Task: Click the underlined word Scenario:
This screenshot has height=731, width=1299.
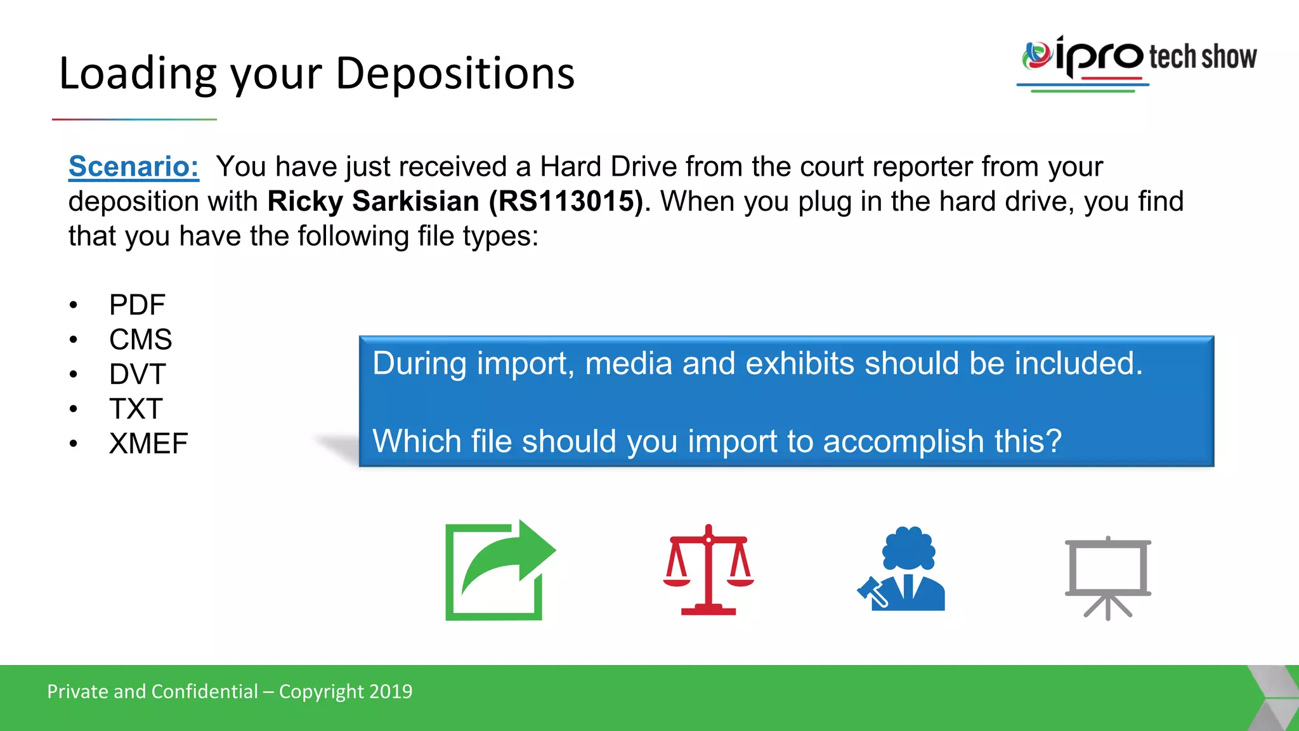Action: click(x=133, y=167)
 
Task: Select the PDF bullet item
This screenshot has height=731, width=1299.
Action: click(x=137, y=305)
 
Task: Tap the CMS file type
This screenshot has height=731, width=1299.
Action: click(x=140, y=339)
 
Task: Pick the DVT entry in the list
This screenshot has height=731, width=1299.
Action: click(x=137, y=374)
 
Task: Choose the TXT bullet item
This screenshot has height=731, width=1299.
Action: click(x=136, y=409)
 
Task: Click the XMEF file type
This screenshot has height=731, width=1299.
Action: click(x=148, y=444)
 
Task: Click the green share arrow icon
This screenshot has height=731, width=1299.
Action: click(x=499, y=570)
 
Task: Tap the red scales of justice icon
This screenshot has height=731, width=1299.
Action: click(x=708, y=570)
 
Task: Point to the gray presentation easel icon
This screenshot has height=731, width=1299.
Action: click(x=1107, y=577)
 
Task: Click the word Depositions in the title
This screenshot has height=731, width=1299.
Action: click(x=454, y=74)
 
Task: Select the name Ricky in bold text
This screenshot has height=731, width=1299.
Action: click(x=305, y=202)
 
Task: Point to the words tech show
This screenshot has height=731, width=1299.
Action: click(x=1203, y=57)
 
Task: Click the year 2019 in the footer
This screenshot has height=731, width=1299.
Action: click(x=391, y=692)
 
